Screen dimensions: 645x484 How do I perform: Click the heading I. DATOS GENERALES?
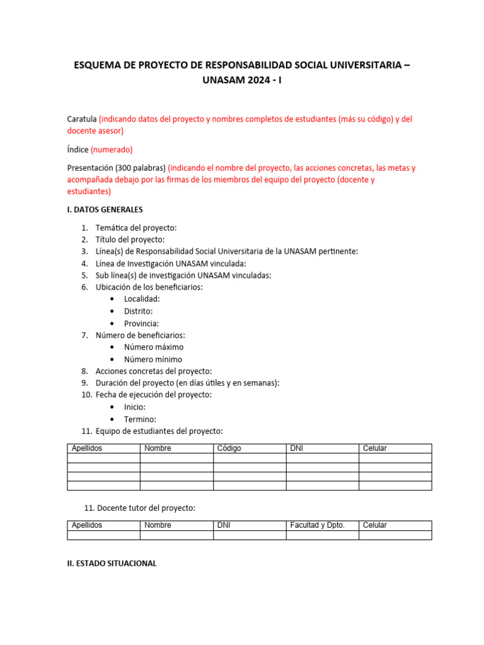point(105,209)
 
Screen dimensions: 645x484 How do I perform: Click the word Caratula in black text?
point(82,119)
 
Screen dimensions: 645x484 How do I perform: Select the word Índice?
point(78,149)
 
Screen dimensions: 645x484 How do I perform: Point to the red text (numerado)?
point(112,149)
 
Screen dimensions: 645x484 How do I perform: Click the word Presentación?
point(94,168)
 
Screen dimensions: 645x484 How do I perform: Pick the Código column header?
point(229,448)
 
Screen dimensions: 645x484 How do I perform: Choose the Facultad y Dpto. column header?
point(317,525)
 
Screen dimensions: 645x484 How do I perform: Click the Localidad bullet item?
point(142,299)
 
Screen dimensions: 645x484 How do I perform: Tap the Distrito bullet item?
point(138,311)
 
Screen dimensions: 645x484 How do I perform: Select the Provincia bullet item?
point(141,323)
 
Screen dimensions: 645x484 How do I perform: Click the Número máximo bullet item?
point(153,347)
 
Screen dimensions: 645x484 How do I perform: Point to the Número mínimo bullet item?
point(153,359)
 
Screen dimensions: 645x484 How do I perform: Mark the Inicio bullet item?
point(135,407)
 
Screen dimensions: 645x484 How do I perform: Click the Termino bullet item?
point(140,419)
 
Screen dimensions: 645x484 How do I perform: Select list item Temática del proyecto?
point(135,227)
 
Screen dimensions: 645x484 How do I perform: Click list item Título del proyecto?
point(129,239)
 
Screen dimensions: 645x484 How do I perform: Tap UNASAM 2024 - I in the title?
point(241,81)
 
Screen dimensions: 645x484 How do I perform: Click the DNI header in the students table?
point(296,448)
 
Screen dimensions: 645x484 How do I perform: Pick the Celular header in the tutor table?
point(375,525)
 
